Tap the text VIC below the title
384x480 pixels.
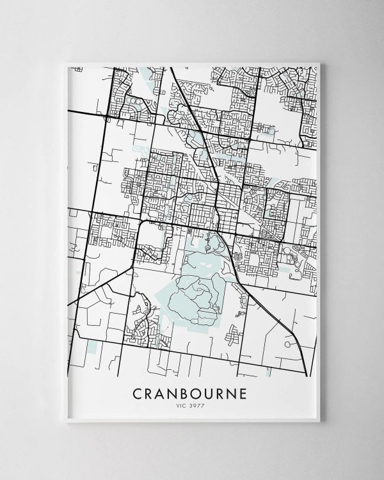pos(183,405)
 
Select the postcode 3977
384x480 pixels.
pos(197,405)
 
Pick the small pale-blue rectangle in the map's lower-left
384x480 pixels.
pos(97,346)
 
